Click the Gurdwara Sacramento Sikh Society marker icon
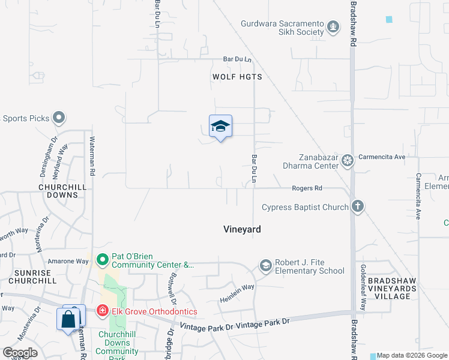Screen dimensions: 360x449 point(333,27)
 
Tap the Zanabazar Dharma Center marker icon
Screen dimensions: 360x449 point(348,161)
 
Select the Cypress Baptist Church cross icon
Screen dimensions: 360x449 point(357,207)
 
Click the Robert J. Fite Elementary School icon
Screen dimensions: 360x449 point(265,265)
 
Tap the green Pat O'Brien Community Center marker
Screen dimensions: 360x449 point(102,260)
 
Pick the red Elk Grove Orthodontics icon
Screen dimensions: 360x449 point(102,311)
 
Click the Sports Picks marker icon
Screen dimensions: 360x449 point(59,118)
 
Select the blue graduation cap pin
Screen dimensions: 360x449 point(220,127)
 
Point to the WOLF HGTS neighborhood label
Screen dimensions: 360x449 point(237,77)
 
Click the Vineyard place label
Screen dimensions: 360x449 point(242,229)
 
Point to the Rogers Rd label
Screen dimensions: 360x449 point(307,188)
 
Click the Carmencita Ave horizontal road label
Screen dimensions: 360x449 point(382,157)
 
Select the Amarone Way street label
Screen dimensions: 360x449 point(69,262)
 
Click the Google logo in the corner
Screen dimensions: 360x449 point(20,352)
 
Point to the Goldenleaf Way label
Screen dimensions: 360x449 point(362,287)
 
